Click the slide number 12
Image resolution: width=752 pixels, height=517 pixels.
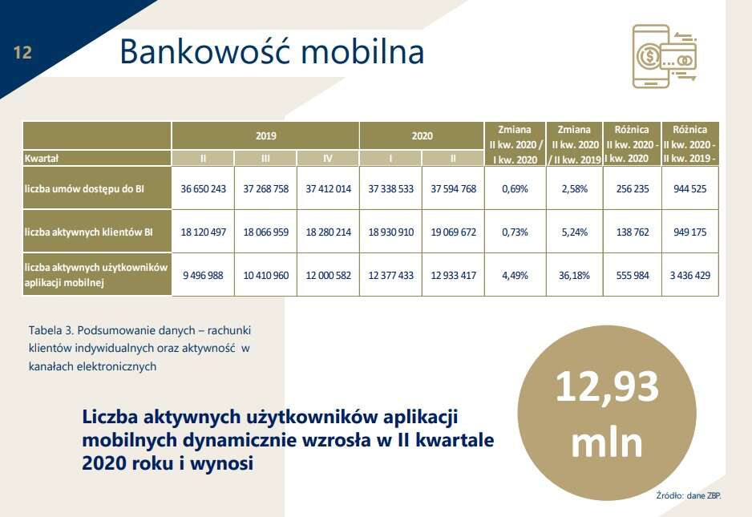coord(22,53)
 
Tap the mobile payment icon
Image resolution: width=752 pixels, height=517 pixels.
coord(663,55)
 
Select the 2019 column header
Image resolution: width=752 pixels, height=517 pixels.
coord(265,135)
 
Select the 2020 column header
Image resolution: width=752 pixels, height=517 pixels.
coord(422,135)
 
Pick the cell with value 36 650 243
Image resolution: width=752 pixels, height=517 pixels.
coord(203,189)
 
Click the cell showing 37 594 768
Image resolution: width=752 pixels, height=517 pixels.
coord(453,189)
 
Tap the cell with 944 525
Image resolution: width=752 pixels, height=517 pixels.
coord(690,189)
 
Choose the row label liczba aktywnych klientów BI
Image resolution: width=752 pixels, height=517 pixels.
coord(89,232)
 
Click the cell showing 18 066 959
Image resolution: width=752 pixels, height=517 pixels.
coord(265,232)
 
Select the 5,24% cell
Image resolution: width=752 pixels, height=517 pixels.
coord(575,232)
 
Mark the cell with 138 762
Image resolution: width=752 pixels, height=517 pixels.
coord(633,232)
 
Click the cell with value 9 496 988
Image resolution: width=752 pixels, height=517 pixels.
coord(203,275)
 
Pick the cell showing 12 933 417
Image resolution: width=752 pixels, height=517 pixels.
coord(453,275)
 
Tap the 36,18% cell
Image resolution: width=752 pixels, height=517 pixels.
coord(575,275)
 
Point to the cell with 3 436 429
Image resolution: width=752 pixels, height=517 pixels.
coord(690,275)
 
